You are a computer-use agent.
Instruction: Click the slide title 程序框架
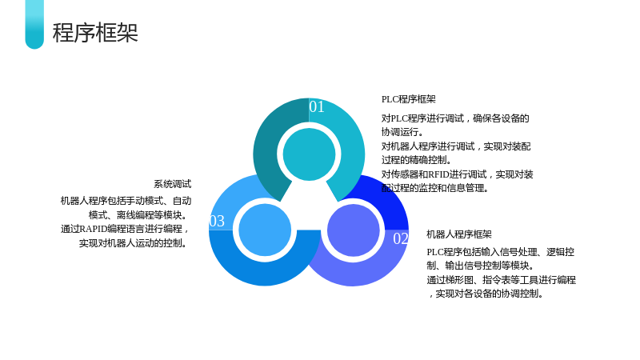95,33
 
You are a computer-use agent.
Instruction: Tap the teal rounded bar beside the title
34,24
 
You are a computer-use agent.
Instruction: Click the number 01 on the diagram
317,106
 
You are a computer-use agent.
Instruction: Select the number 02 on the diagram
401,238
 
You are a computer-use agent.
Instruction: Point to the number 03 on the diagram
217,221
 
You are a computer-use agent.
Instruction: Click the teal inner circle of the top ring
309,154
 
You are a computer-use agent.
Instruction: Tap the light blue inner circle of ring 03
265,230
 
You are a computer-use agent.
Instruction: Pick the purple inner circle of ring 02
354,230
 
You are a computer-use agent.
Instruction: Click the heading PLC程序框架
409,99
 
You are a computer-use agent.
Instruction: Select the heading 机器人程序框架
459,234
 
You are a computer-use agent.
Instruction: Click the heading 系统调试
173,184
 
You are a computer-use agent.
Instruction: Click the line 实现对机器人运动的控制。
135,243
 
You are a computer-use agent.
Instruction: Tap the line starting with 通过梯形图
502,280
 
